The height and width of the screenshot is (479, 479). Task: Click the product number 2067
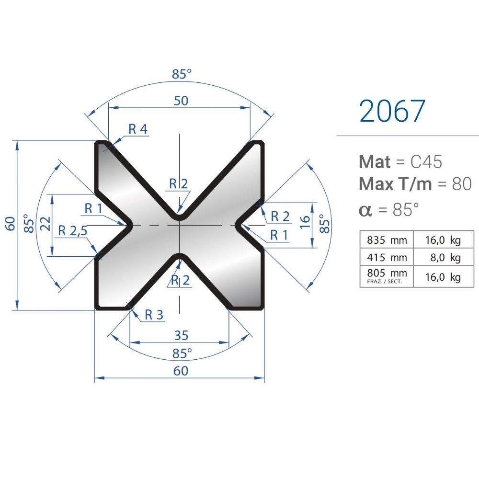pyautogui.click(x=392, y=111)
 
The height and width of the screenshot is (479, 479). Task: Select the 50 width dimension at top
pyautogui.click(x=181, y=101)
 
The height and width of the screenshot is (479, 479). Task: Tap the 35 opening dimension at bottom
pyautogui.click(x=181, y=335)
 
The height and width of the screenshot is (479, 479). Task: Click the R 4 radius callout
pyautogui.click(x=138, y=129)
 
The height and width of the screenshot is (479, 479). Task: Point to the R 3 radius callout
pyautogui.click(x=154, y=315)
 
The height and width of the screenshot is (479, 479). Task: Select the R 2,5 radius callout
pyautogui.click(x=73, y=231)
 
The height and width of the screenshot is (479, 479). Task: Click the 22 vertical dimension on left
pyautogui.click(x=46, y=224)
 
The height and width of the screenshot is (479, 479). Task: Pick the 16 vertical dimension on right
pyautogui.click(x=305, y=222)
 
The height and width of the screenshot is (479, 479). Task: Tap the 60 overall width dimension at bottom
pyautogui.click(x=181, y=371)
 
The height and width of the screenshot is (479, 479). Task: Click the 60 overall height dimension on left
pyautogui.click(x=10, y=224)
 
